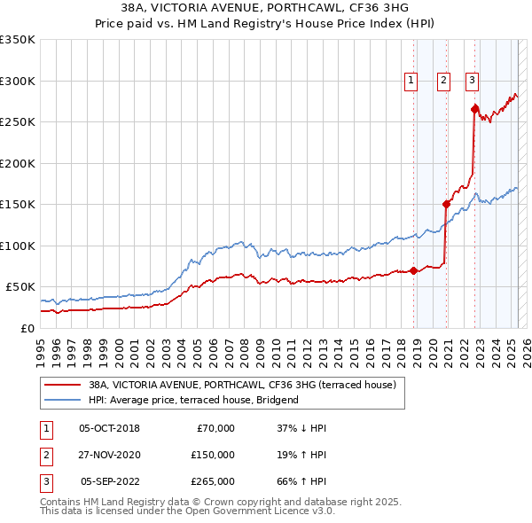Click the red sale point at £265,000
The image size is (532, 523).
click(x=474, y=110)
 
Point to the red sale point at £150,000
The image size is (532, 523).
click(x=446, y=204)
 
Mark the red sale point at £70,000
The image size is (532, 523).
click(x=414, y=270)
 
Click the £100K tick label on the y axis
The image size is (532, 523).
click(x=18, y=246)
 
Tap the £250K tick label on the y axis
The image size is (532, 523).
click(x=18, y=121)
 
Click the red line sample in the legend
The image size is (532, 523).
click(x=62, y=385)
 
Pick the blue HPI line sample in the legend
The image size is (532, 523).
click(x=62, y=400)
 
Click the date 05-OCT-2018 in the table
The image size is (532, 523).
click(x=109, y=428)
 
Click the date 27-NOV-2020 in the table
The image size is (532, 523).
click(x=109, y=455)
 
